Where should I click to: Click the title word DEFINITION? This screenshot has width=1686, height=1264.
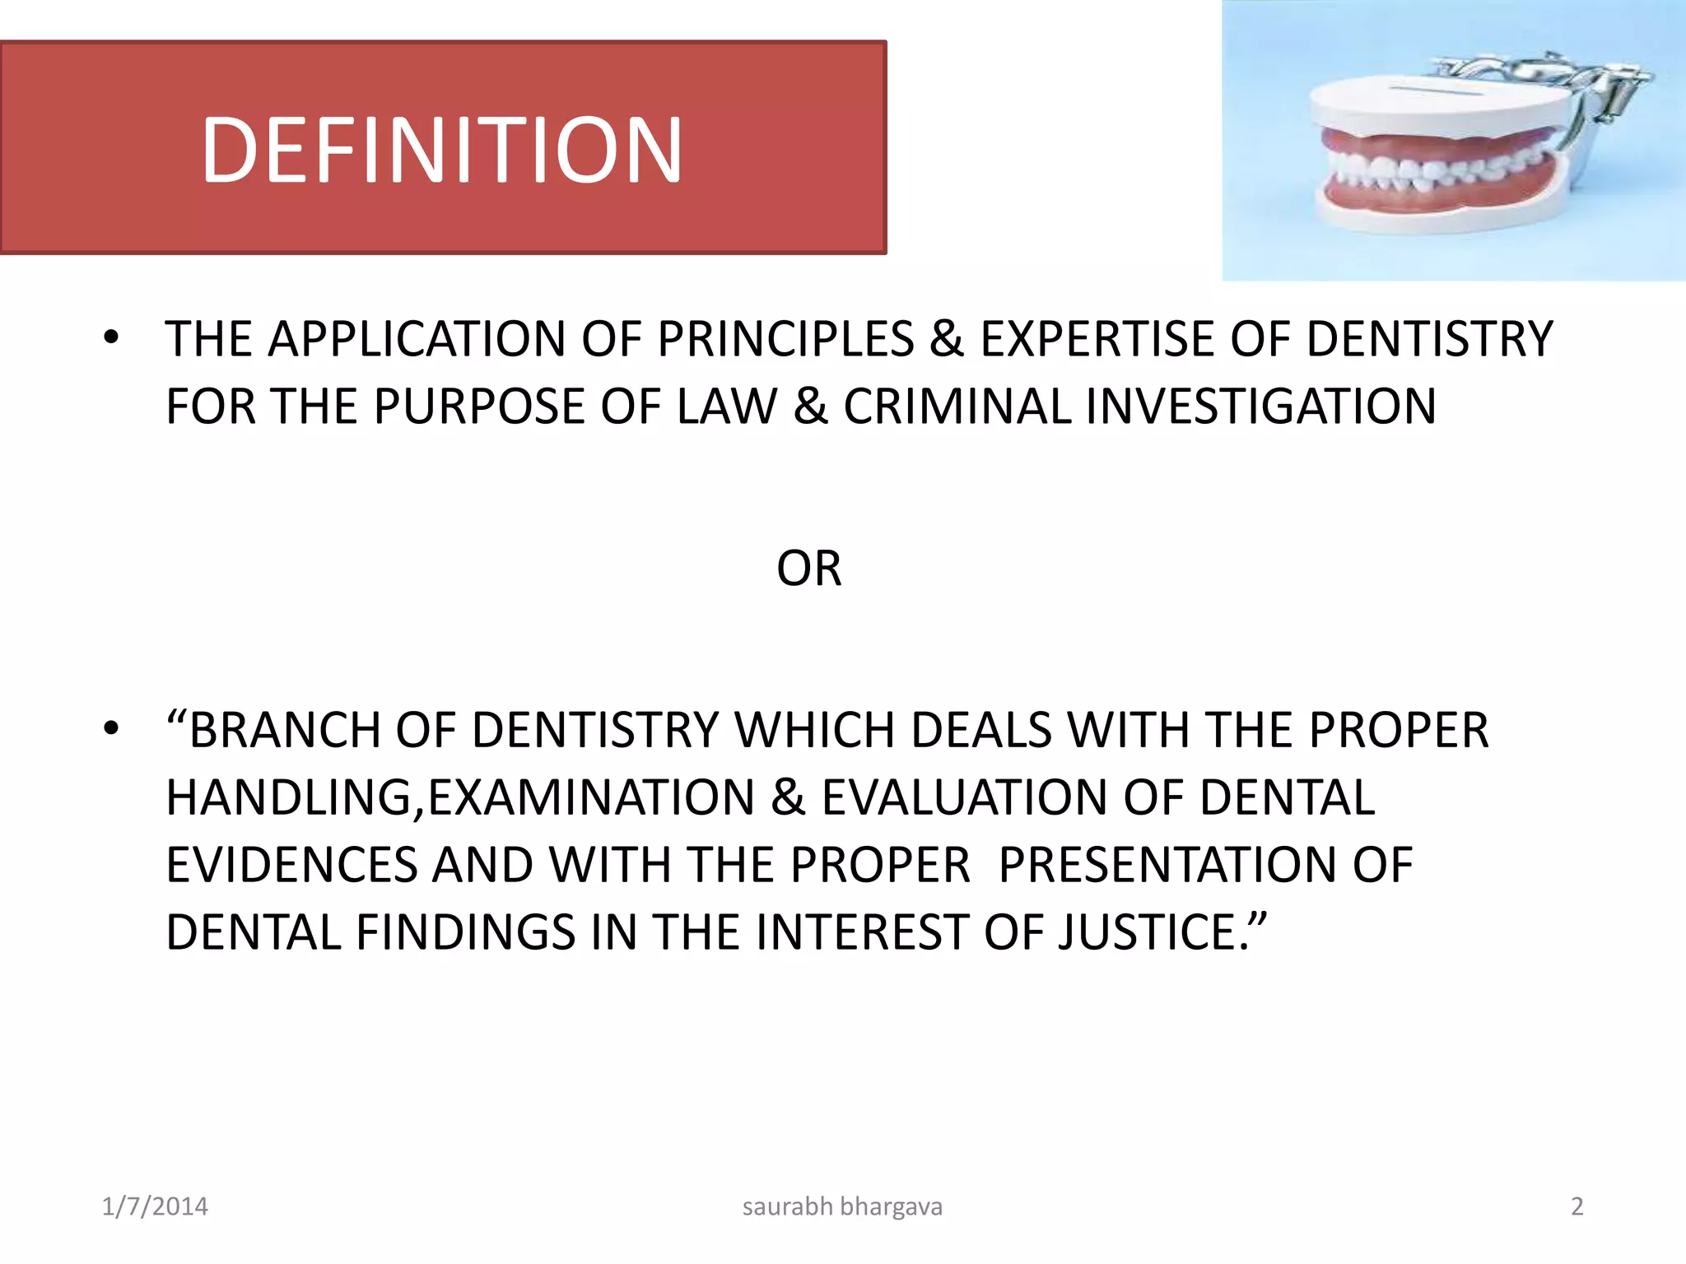tap(442, 150)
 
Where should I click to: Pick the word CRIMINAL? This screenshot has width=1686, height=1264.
tap(956, 407)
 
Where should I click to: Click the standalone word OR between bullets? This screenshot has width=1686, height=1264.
tap(809, 569)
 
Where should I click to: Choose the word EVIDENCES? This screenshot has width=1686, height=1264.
tap(291, 865)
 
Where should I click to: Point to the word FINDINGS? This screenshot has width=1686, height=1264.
tap(465, 932)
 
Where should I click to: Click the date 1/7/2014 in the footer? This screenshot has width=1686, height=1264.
tap(155, 1206)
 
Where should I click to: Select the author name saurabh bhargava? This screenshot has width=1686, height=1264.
tap(842, 1206)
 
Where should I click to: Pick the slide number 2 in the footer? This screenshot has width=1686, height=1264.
tap(1577, 1206)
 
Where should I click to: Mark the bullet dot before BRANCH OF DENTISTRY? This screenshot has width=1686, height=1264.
tap(111, 729)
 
